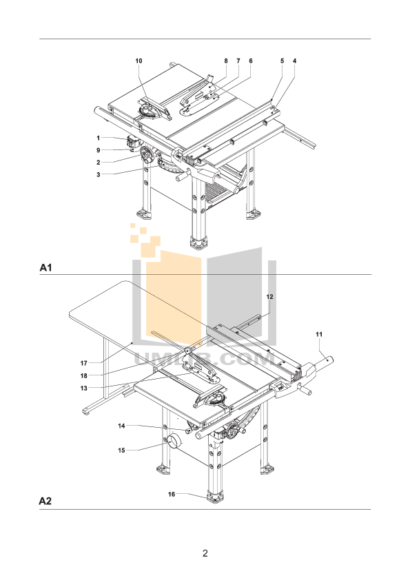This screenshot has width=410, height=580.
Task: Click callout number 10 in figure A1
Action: [x=139, y=61]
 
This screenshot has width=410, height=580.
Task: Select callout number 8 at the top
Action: [x=225, y=61]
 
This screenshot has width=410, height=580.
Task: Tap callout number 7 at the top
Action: [x=238, y=61]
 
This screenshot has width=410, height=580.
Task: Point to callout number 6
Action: [x=250, y=61]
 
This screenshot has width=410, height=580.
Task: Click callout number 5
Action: [x=282, y=61]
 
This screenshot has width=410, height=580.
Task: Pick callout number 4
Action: [x=294, y=61]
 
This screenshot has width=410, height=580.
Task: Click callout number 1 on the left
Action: [x=99, y=138]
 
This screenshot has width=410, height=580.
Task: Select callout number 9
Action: [x=99, y=150]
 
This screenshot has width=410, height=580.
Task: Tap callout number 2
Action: [x=99, y=162]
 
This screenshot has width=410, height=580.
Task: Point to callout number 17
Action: [x=83, y=363]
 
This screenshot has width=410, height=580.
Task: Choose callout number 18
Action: [x=83, y=375]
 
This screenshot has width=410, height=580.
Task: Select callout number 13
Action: [x=83, y=388]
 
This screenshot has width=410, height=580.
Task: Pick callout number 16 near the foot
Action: [x=172, y=494]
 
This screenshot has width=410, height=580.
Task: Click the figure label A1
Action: [x=46, y=267]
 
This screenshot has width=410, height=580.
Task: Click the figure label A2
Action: [x=46, y=502]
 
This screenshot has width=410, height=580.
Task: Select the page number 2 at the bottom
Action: [x=205, y=553]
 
